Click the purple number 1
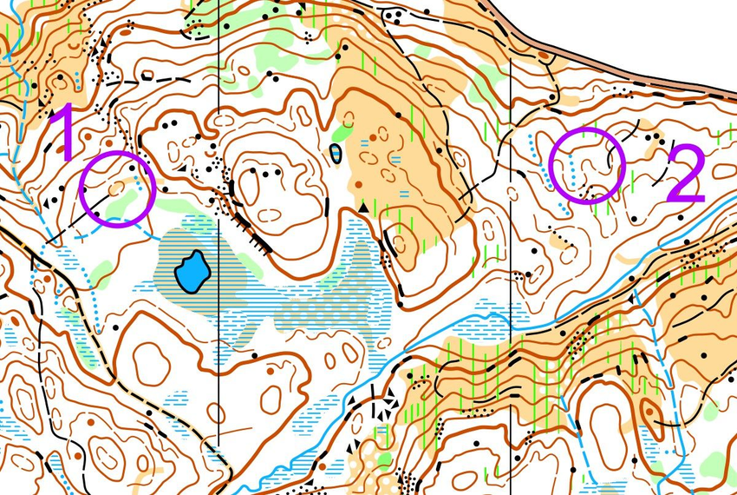point(62,132)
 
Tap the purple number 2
point(685,175)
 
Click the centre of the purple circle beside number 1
point(116,188)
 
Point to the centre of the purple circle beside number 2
point(587,166)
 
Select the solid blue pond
point(192,273)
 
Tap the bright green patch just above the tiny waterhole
point(342,134)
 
